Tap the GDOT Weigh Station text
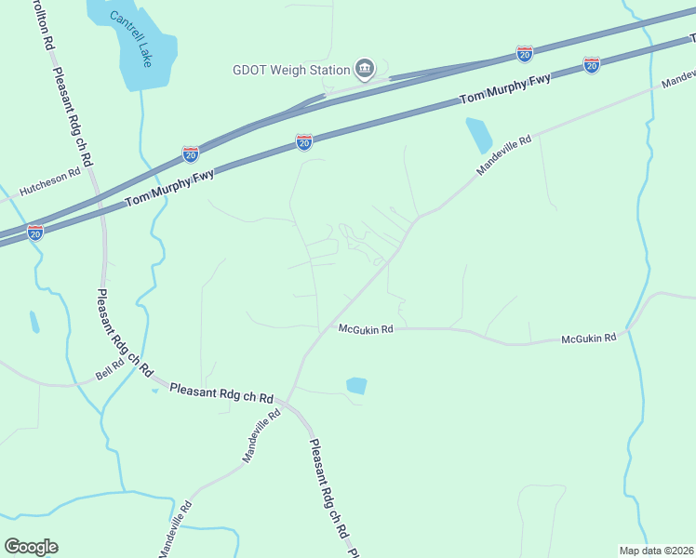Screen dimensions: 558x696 (x=290, y=70)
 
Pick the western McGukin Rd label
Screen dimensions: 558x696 (x=366, y=329)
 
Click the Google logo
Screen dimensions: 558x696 (x=32, y=546)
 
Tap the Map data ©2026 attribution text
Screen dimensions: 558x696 (x=656, y=550)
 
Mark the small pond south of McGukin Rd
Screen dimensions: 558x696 (x=356, y=385)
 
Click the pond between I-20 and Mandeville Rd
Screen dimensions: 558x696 (x=478, y=135)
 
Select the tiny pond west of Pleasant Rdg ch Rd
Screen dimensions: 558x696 (x=34, y=322)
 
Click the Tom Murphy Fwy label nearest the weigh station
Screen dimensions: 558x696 (x=505, y=88)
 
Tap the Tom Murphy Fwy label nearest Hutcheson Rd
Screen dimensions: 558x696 (x=170, y=188)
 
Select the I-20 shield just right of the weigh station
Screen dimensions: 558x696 (x=525, y=53)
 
